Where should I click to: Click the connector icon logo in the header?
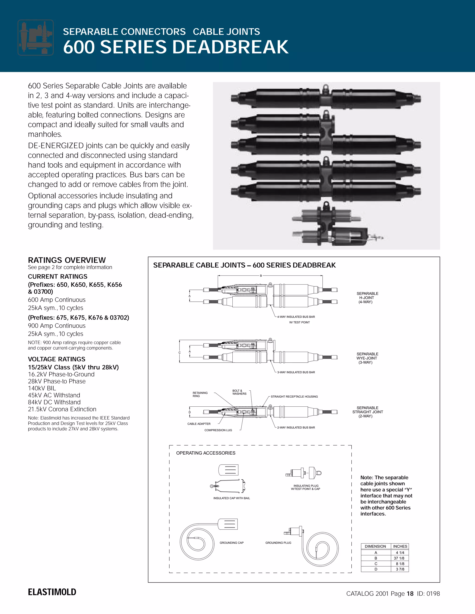click(35, 37)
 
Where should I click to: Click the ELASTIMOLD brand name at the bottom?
click(52, 592)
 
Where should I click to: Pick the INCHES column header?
click(400, 546)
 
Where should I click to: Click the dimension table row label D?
click(376, 569)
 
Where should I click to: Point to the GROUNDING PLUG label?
click(278, 543)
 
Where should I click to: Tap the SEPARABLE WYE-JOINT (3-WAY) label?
click(367, 358)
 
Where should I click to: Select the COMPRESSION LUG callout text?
click(218, 430)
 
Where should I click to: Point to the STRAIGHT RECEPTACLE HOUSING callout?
click(294, 397)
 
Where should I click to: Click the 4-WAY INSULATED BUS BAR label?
click(296, 317)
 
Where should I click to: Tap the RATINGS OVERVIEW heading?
click(67, 260)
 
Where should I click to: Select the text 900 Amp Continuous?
click(57, 326)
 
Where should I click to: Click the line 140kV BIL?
click(42, 388)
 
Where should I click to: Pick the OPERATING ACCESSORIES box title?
click(205, 453)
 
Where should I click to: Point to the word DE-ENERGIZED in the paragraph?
click(56, 146)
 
